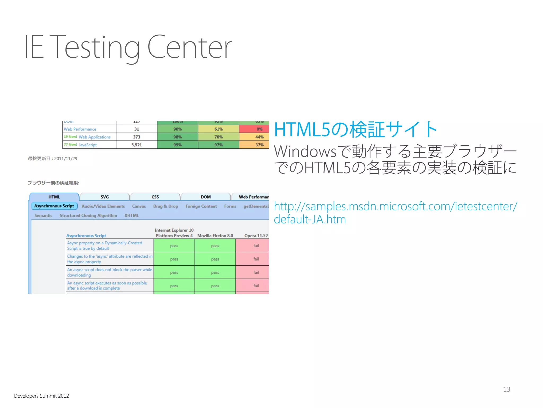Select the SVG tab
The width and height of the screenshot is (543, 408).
(x=104, y=197)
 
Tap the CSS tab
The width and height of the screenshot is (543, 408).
(x=155, y=197)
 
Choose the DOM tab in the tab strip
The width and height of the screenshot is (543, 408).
(x=205, y=197)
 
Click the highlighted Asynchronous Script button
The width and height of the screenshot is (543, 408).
(x=54, y=206)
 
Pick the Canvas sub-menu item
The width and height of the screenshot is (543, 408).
(x=139, y=206)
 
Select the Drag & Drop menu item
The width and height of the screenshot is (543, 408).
(x=165, y=206)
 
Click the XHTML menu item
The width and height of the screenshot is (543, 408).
(x=132, y=215)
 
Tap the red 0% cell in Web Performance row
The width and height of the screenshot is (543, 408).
(x=259, y=129)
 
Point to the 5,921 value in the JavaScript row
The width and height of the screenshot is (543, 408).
(x=137, y=145)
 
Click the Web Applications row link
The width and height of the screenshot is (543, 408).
(x=94, y=137)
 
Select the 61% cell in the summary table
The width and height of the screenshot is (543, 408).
(x=218, y=129)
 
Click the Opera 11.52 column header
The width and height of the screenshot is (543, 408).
(x=256, y=236)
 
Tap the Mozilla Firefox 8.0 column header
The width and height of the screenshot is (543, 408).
(x=215, y=236)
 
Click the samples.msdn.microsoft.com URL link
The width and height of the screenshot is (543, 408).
(x=395, y=207)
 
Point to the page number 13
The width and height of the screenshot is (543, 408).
(x=506, y=389)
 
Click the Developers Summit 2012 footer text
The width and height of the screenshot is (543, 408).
(x=41, y=396)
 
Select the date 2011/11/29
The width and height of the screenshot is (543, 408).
(x=66, y=159)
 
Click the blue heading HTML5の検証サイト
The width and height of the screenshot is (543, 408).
(x=355, y=130)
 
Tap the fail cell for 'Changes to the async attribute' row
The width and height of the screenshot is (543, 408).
(x=256, y=259)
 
